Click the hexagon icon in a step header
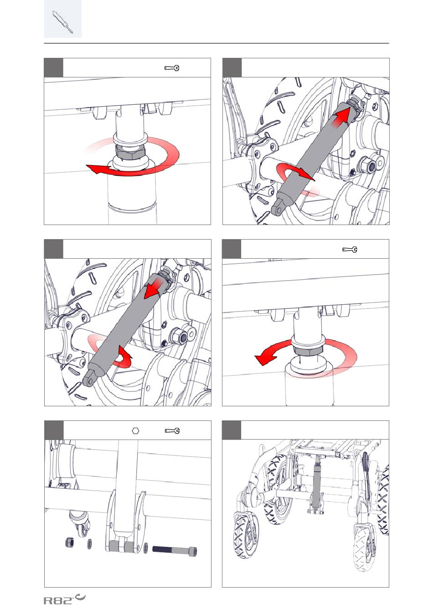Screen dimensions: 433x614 (x=135, y=430)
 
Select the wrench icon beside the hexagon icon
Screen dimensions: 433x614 (x=172, y=430)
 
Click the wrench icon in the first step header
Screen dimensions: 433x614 (x=172, y=68)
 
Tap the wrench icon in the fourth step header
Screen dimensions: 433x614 (x=350, y=250)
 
